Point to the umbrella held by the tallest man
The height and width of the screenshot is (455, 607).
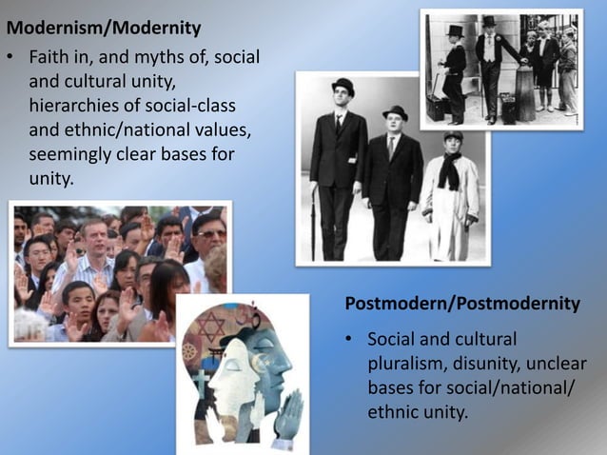[315, 219]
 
